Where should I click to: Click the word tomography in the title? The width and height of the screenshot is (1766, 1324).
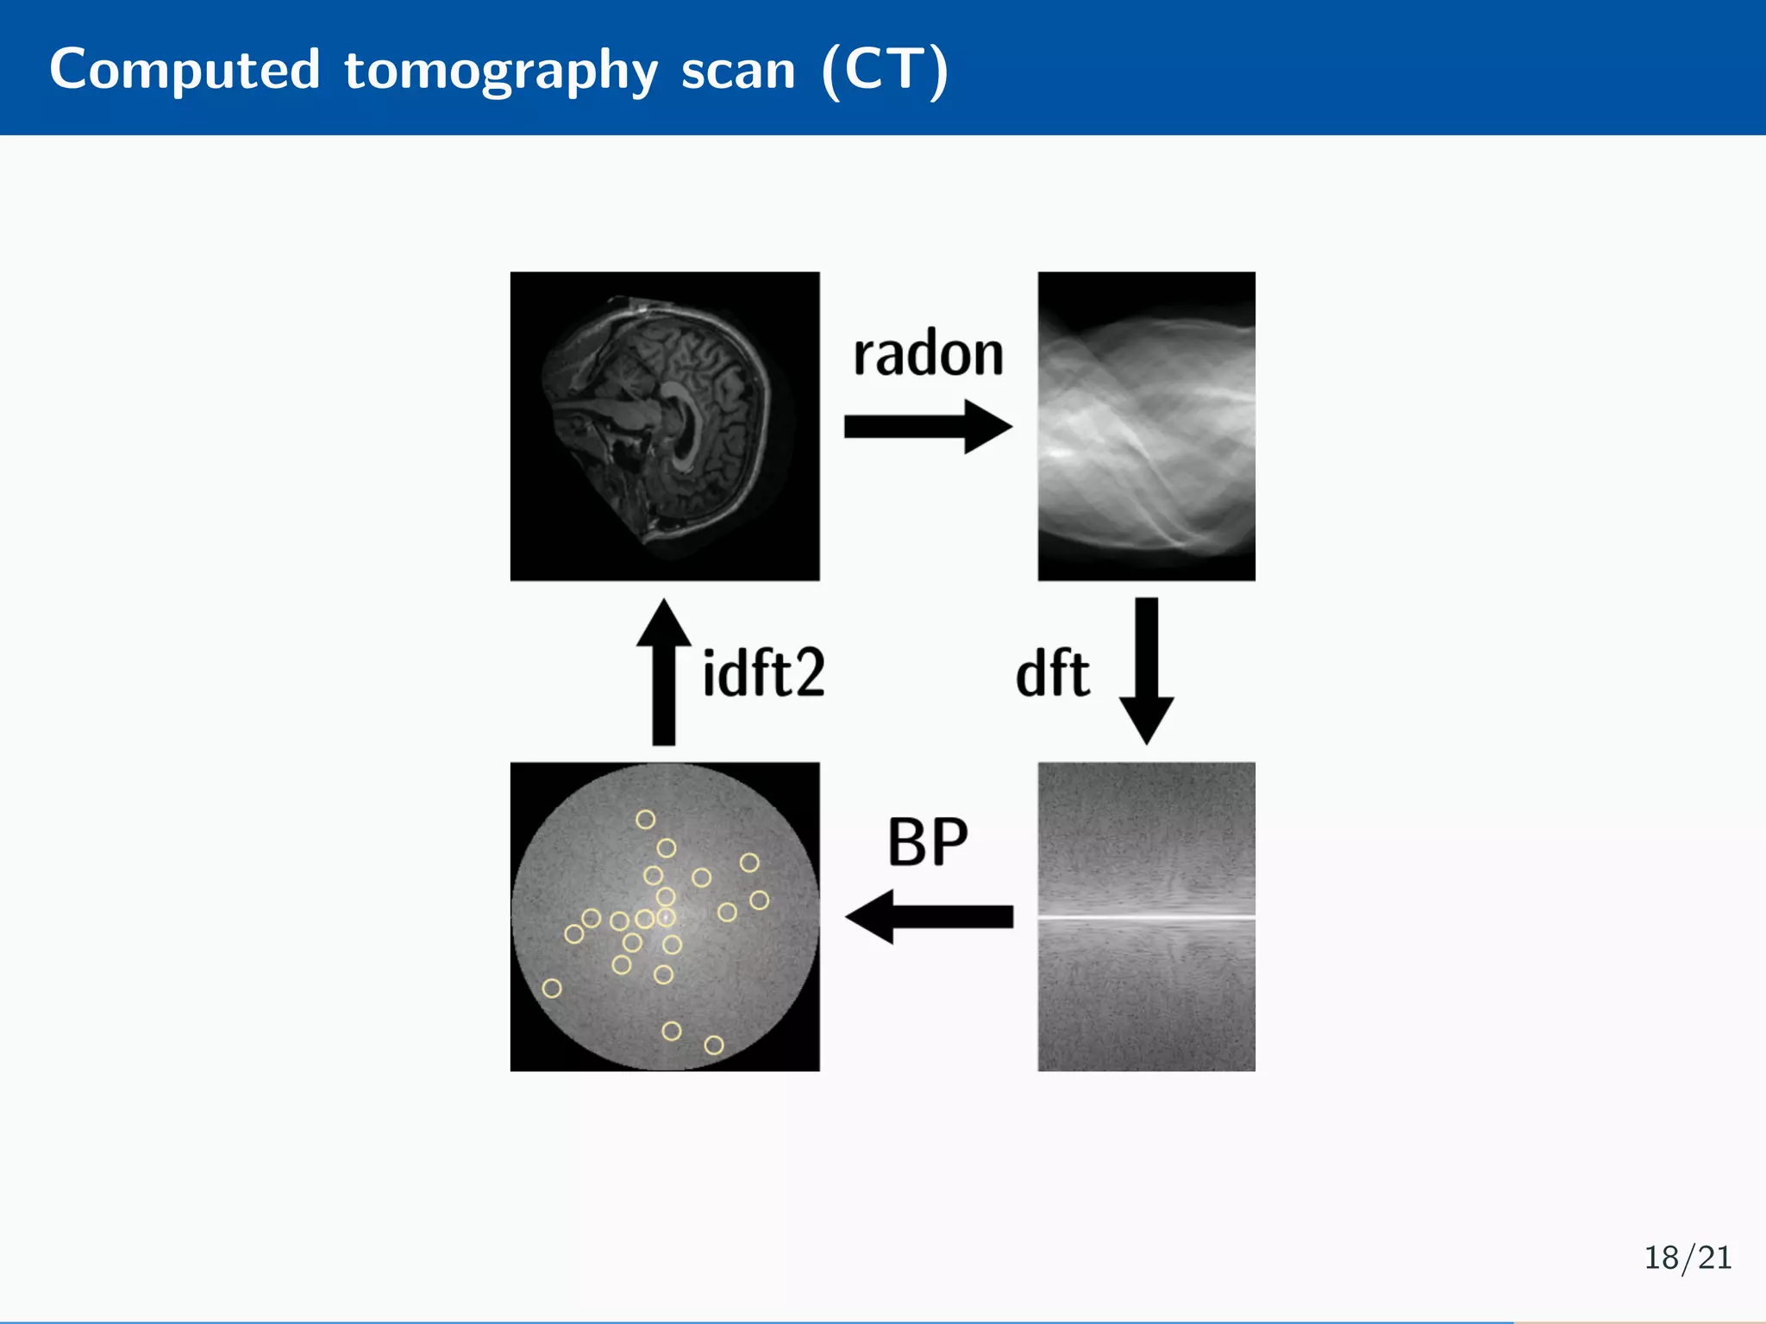pos(500,71)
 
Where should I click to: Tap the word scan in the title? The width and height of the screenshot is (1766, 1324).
pos(738,71)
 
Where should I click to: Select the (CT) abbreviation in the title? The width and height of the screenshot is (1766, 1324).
pos(885,71)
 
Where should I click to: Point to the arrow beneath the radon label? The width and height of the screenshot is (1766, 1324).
pos(928,426)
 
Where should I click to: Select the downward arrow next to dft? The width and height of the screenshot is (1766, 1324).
pos(1146,671)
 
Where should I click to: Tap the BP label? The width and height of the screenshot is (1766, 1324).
pos(928,841)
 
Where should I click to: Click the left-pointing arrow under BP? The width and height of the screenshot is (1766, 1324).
pos(928,916)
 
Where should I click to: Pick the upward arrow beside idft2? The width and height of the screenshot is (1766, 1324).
pos(663,671)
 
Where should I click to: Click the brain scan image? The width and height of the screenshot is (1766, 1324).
pos(664,426)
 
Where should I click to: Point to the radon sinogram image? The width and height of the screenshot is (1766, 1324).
pos(1146,426)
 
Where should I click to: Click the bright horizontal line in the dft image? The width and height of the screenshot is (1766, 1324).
pos(1146,917)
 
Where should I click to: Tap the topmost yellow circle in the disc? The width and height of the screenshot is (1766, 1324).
pos(645,819)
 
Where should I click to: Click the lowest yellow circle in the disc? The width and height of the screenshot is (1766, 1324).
pos(714,1045)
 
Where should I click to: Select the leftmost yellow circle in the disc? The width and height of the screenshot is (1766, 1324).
pos(552,988)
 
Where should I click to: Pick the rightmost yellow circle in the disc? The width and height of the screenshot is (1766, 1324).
pos(759,900)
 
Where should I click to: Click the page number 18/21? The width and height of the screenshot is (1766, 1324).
pos(1688,1258)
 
